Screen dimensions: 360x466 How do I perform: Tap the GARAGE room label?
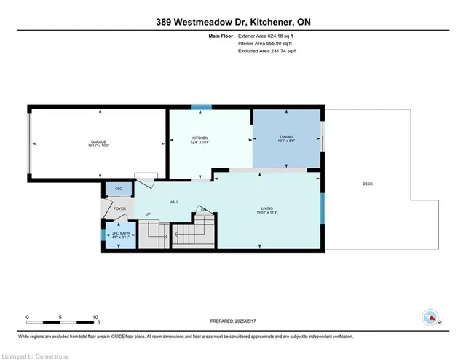coord(100,144)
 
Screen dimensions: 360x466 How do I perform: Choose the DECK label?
coord(367,184)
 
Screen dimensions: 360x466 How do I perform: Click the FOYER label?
coord(119,208)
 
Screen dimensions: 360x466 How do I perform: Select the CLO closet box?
coord(119,189)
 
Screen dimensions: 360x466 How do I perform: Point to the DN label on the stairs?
coord(204,210)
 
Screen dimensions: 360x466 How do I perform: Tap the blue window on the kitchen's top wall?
coord(202,107)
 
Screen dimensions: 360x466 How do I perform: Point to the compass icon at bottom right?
coord(432,318)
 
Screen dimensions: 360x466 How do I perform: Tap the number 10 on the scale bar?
coord(96,318)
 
